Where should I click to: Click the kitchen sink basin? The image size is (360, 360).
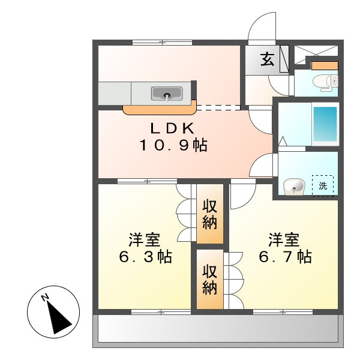click(x=166, y=93)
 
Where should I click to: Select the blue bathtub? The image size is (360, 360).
click(x=325, y=124)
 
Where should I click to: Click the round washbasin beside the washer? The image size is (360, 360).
click(x=294, y=187)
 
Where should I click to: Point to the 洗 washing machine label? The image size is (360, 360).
click(x=323, y=186)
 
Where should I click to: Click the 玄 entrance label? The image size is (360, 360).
click(x=267, y=59)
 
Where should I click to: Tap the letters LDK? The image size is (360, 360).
click(x=171, y=128)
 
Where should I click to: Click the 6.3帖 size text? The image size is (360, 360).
click(x=144, y=257)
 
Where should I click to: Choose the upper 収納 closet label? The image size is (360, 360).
click(x=209, y=214)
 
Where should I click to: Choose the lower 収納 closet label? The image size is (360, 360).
click(x=209, y=280)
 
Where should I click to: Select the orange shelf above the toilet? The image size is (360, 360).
click(x=325, y=65)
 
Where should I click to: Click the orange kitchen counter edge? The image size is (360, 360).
click(x=160, y=110)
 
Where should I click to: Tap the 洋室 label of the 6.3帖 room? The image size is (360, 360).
click(x=144, y=240)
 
